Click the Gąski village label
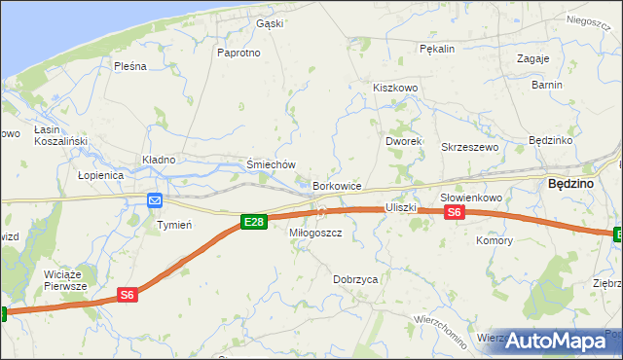pyautogui.click(x=268, y=24)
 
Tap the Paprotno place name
pyautogui.click(x=239, y=53)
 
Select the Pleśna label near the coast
pyautogui.click(x=129, y=66)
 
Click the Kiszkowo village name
pyautogui.click(x=394, y=88)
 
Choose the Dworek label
pyautogui.click(x=402, y=141)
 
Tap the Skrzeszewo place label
pyautogui.click(x=470, y=147)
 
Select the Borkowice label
pyautogui.click(x=338, y=186)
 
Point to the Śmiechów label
pyautogui.click(x=271, y=165)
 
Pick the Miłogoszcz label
pyautogui.click(x=315, y=234)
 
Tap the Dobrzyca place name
pyautogui.click(x=355, y=279)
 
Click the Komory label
pyautogui.click(x=494, y=240)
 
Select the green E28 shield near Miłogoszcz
pyautogui.click(x=253, y=223)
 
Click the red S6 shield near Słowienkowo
pyautogui.click(x=455, y=213)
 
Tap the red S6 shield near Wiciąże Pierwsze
pyautogui.click(x=128, y=294)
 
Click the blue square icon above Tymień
pyautogui.click(x=155, y=200)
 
